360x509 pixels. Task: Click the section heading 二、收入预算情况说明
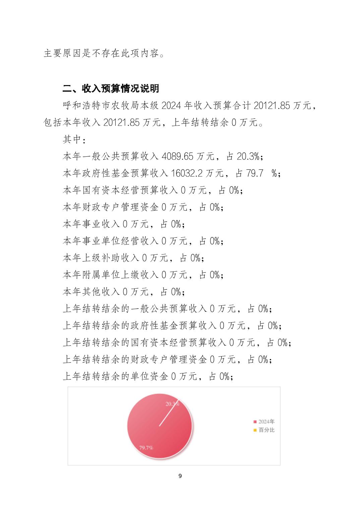[x=111, y=89]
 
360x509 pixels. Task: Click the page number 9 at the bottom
[x=180, y=476]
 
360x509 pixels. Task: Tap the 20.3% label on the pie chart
[x=172, y=404]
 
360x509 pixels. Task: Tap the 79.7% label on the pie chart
[x=146, y=447]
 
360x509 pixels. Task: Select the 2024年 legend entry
[x=266, y=422]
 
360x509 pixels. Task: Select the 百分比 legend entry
[x=266, y=430]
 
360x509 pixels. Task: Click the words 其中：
[x=74, y=139]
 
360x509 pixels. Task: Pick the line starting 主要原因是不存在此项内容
[x=104, y=54]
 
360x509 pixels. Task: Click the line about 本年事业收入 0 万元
[x=124, y=224]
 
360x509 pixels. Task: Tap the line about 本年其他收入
[x=124, y=292]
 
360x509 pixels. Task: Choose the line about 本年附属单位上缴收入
[x=143, y=275]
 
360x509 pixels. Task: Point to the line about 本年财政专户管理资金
[x=143, y=207]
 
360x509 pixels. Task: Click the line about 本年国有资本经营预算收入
[x=153, y=190]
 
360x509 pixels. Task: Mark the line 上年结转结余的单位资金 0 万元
[x=148, y=377]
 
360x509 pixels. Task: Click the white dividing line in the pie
[x=167, y=415]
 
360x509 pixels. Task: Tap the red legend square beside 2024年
[x=255, y=422]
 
